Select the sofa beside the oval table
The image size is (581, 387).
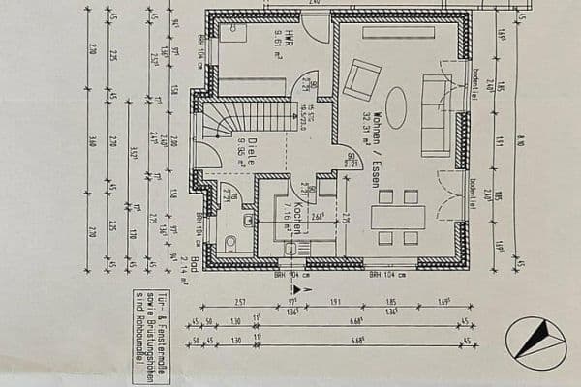click(438, 114)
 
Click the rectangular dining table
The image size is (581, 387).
click(398, 218)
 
